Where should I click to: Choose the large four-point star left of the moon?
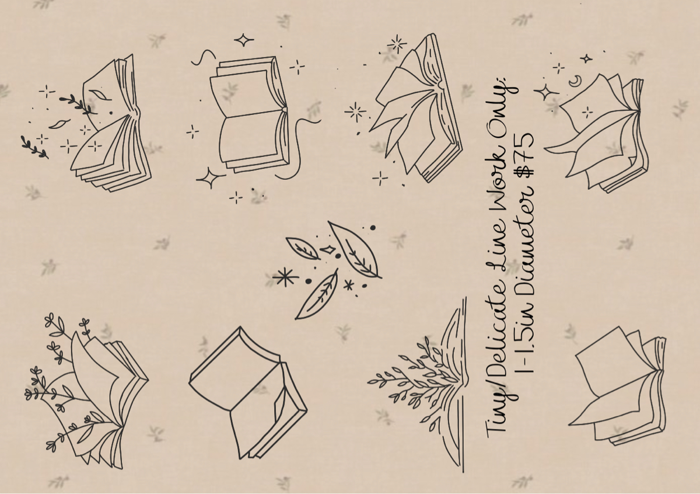pyautogui.click(x=547, y=92)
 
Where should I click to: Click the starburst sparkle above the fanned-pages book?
pyautogui.click(x=397, y=43)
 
